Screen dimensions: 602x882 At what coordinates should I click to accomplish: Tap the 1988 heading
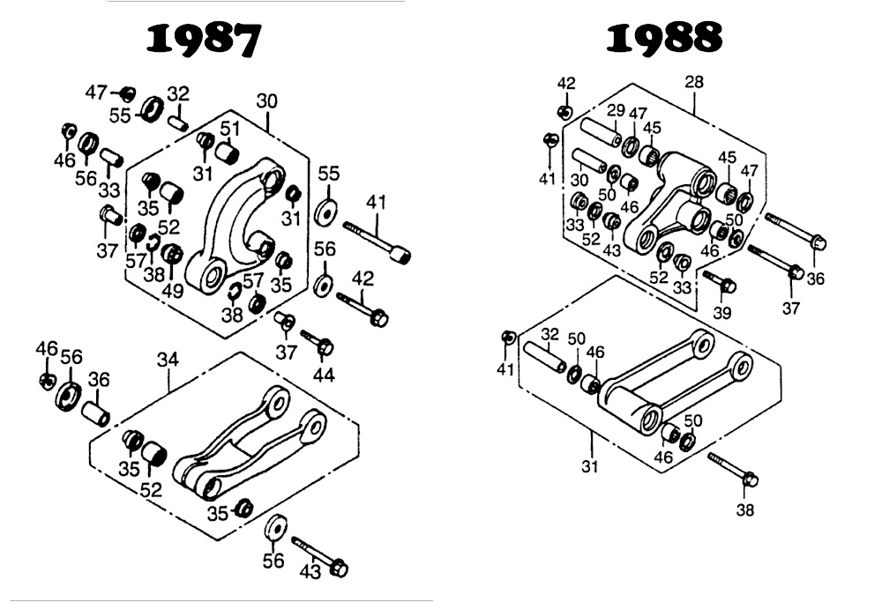tap(665, 38)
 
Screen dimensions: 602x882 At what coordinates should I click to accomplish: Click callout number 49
tap(172, 290)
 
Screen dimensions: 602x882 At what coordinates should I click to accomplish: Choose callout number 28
tap(694, 83)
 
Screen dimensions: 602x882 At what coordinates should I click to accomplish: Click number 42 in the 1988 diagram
tap(566, 83)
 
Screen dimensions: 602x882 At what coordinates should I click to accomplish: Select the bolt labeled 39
tap(720, 282)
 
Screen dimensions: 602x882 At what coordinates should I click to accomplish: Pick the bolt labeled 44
tap(317, 342)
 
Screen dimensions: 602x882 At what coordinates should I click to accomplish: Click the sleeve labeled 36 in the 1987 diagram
tap(95, 412)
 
